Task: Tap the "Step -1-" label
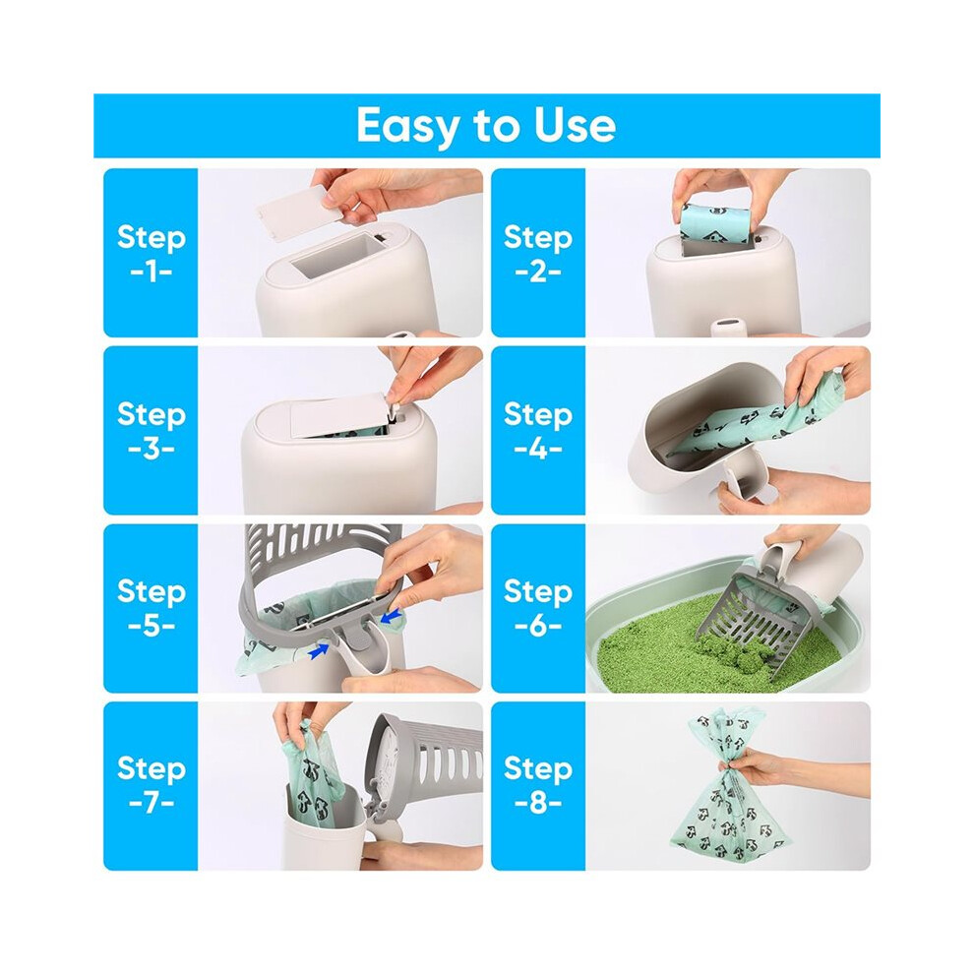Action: pyautogui.click(x=151, y=253)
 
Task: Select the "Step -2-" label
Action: pyautogui.click(x=538, y=253)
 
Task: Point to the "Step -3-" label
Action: pyautogui.click(x=151, y=430)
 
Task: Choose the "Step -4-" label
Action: pyautogui.click(x=538, y=430)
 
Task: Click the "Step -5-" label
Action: pyautogui.click(x=151, y=607)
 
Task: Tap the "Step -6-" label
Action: pyautogui.click(x=538, y=607)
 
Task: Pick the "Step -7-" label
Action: pyautogui.click(x=151, y=784)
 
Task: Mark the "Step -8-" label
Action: pyautogui.click(x=538, y=784)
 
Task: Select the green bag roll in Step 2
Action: pyautogui.click(x=710, y=222)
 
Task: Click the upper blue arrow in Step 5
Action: pyautogui.click(x=391, y=617)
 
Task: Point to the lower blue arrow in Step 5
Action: pyautogui.click(x=318, y=650)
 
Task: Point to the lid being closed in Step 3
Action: pyautogui.click(x=339, y=413)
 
